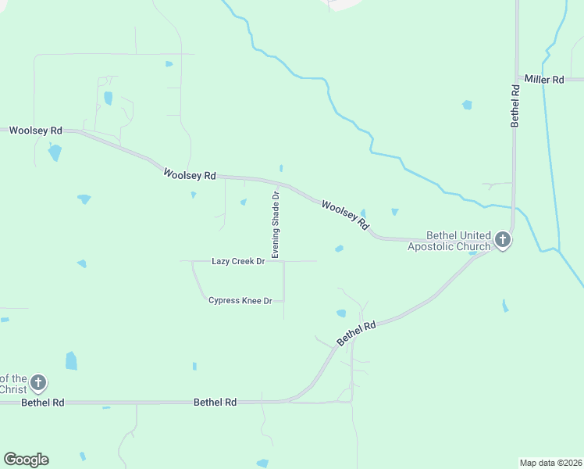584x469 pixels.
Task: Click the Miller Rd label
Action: (x=544, y=80)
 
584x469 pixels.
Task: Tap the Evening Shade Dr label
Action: (x=275, y=224)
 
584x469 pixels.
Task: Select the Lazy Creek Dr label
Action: (x=238, y=261)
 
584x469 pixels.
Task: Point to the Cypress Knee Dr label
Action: (x=240, y=300)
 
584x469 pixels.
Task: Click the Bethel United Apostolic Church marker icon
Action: (x=503, y=240)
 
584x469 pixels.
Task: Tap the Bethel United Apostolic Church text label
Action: (x=449, y=241)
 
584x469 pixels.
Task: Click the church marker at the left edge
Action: (x=38, y=383)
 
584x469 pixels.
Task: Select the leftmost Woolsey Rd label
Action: (x=35, y=130)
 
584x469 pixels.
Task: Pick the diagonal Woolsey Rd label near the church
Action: (x=344, y=214)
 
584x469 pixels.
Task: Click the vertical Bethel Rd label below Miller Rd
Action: (x=515, y=106)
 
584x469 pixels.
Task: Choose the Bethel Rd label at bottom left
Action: (x=42, y=403)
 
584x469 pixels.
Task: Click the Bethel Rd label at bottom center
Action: (x=215, y=402)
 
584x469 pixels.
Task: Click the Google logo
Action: (x=26, y=460)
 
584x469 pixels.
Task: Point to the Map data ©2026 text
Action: (x=551, y=463)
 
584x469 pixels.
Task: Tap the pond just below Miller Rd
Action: (x=467, y=105)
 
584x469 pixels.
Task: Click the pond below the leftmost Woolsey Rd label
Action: (x=54, y=152)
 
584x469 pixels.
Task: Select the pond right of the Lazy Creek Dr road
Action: (x=339, y=249)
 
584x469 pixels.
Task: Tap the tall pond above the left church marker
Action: (x=71, y=360)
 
